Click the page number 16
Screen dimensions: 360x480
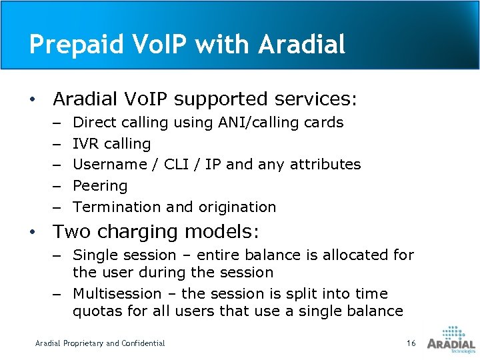click(411, 343)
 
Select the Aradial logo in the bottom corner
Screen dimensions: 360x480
click(451, 339)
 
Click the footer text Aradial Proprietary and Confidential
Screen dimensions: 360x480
click(100, 343)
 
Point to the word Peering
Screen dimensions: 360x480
click(100, 186)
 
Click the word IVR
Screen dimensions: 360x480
click(85, 143)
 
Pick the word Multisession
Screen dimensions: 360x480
click(117, 294)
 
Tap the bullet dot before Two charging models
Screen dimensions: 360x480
click(32, 233)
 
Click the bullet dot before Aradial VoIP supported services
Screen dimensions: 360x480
click(32, 100)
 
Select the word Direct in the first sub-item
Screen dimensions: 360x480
click(94, 123)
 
